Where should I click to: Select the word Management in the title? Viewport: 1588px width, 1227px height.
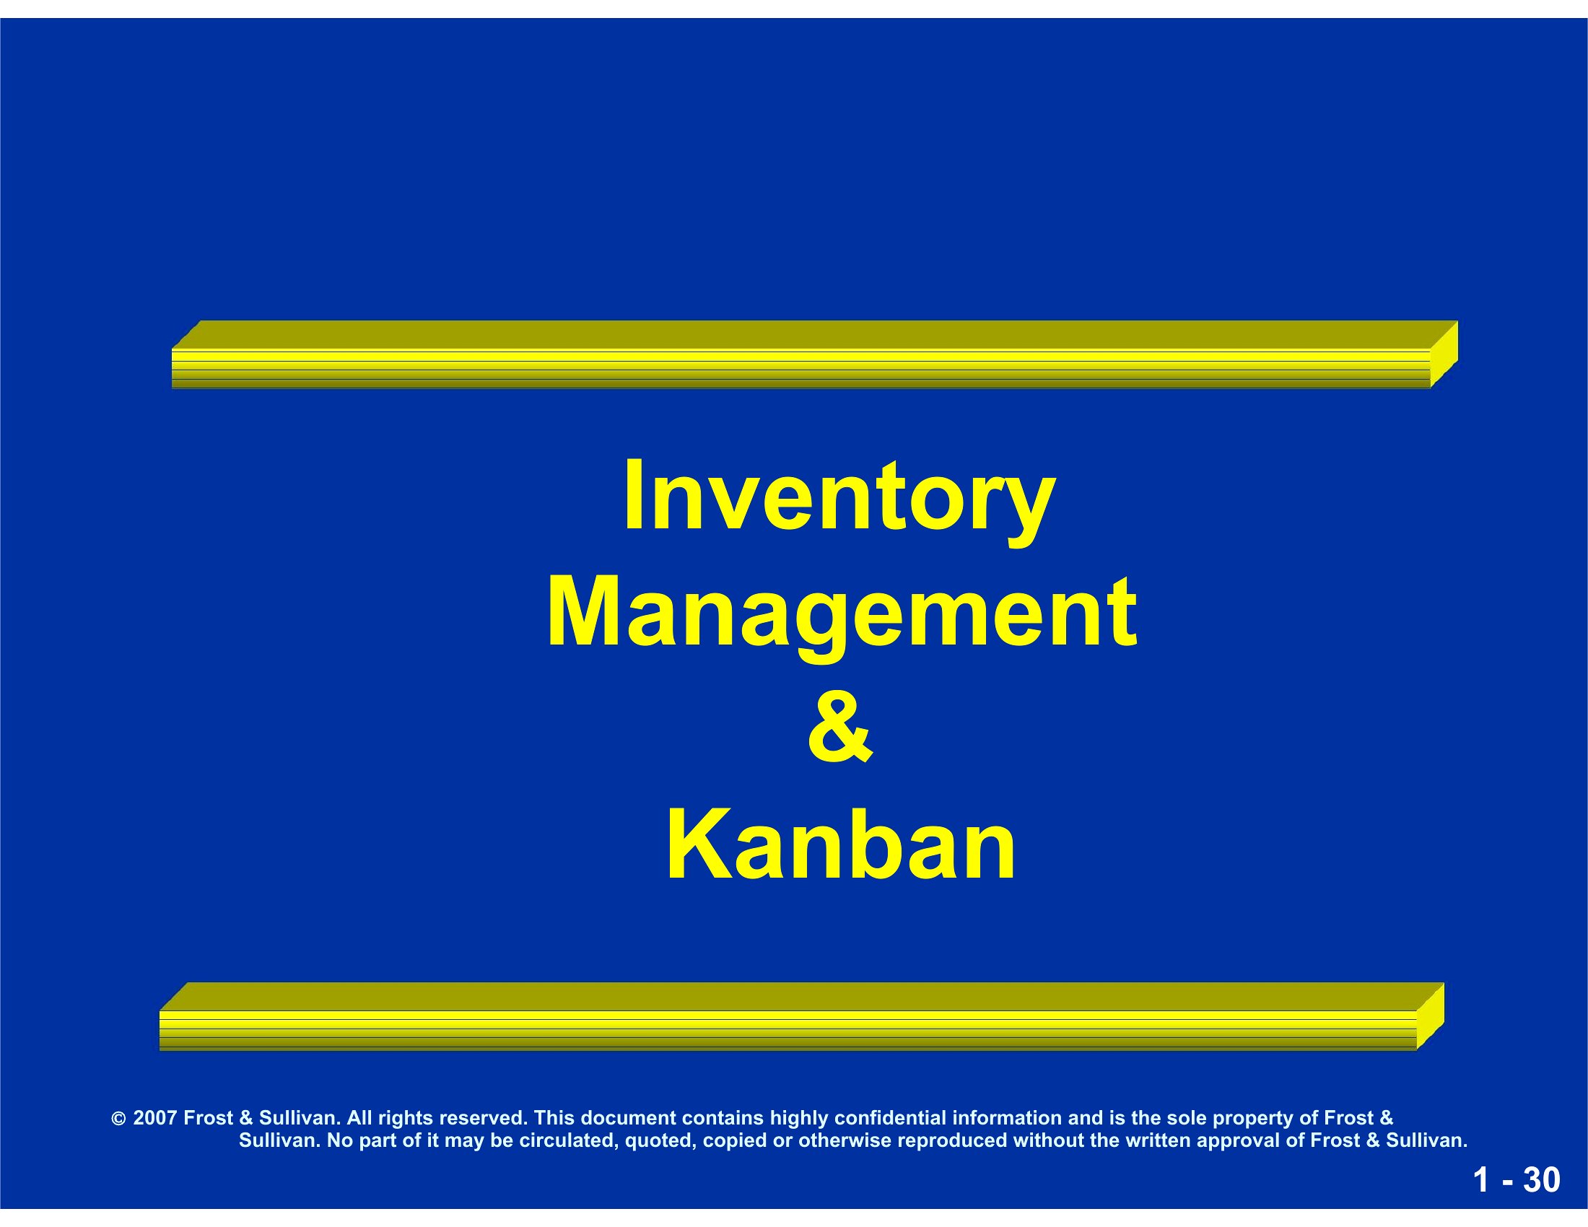[x=841, y=615]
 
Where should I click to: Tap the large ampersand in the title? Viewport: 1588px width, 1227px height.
[x=839, y=726]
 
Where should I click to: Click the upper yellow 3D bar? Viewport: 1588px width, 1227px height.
[x=815, y=354]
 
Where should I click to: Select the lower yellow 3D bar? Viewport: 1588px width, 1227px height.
[x=802, y=1017]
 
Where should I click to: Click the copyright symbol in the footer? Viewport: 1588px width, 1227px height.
[x=118, y=1119]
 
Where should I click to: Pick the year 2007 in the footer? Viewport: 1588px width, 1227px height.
[x=155, y=1117]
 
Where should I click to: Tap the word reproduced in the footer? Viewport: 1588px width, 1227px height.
[x=953, y=1141]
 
